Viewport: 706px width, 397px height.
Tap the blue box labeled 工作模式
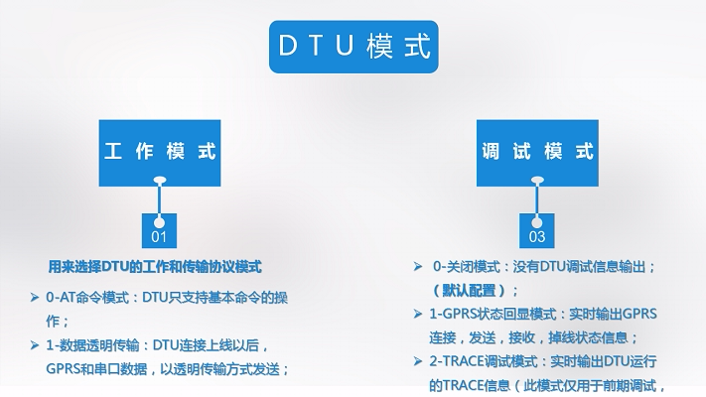[160, 151]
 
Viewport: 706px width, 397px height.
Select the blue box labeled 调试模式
[537, 151]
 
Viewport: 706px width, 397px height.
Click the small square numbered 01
[159, 236]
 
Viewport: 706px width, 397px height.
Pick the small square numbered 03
[537, 236]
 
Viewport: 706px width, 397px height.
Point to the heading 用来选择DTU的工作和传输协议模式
[154, 267]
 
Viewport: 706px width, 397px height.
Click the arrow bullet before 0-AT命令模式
[35, 298]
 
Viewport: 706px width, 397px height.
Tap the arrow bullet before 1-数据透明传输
[35, 345]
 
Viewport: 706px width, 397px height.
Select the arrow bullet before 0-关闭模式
[419, 267]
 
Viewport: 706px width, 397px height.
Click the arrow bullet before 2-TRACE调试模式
[419, 360]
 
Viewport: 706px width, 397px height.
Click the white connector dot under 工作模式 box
[159, 181]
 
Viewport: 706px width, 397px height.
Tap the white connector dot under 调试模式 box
[537, 181]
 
